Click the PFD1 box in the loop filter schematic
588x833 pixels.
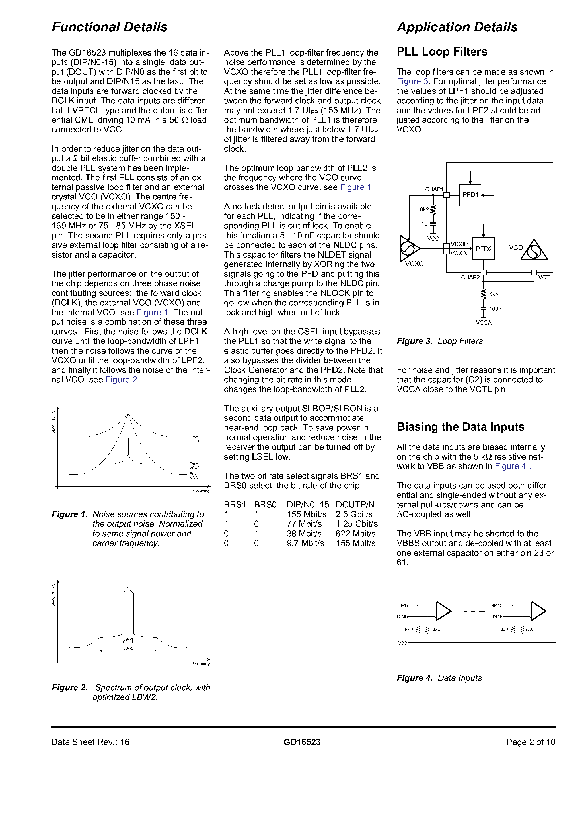click(x=470, y=195)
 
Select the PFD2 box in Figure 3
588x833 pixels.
click(x=484, y=249)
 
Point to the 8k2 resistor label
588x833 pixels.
click(x=424, y=210)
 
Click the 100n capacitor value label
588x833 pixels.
click(x=495, y=309)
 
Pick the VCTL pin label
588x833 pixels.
click(x=545, y=277)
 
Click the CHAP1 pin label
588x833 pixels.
click(x=434, y=189)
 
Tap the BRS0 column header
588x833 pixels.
click(x=265, y=505)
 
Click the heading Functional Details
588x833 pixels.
click(x=110, y=27)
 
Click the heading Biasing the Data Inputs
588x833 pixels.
click(x=460, y=427)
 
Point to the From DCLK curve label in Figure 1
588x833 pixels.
click(x=194, y=439)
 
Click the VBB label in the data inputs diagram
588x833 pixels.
click(x=402, y=643)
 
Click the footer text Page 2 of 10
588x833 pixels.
click(x=530, y=742)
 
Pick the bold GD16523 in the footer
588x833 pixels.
click(x=302, y=742)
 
